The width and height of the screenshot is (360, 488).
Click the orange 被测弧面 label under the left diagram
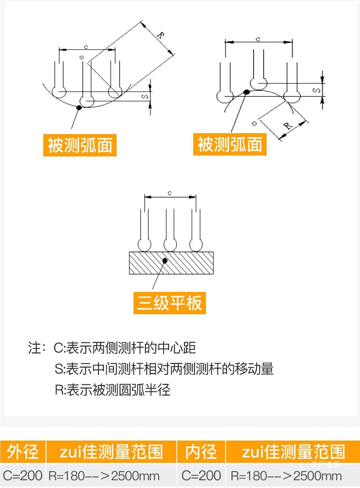coord(80,145)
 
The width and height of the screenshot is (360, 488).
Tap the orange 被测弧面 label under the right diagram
coord(230,145)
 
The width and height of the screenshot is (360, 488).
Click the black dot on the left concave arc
coord(79,108)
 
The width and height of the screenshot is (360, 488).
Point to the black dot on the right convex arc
coord(247,92)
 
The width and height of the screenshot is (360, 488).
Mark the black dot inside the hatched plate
coord(165,260)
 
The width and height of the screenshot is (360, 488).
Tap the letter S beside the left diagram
coord(144,97)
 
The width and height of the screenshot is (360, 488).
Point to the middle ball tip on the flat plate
coord(170,245)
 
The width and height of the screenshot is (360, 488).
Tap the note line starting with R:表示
coord(112,390)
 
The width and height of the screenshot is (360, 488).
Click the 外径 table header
coord(23,452)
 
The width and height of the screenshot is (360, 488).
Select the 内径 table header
coord(201,452)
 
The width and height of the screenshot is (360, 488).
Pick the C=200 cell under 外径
coord(23,476)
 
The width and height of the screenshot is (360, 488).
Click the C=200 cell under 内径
coord(201,476)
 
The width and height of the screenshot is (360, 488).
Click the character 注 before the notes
coord(35,349)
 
